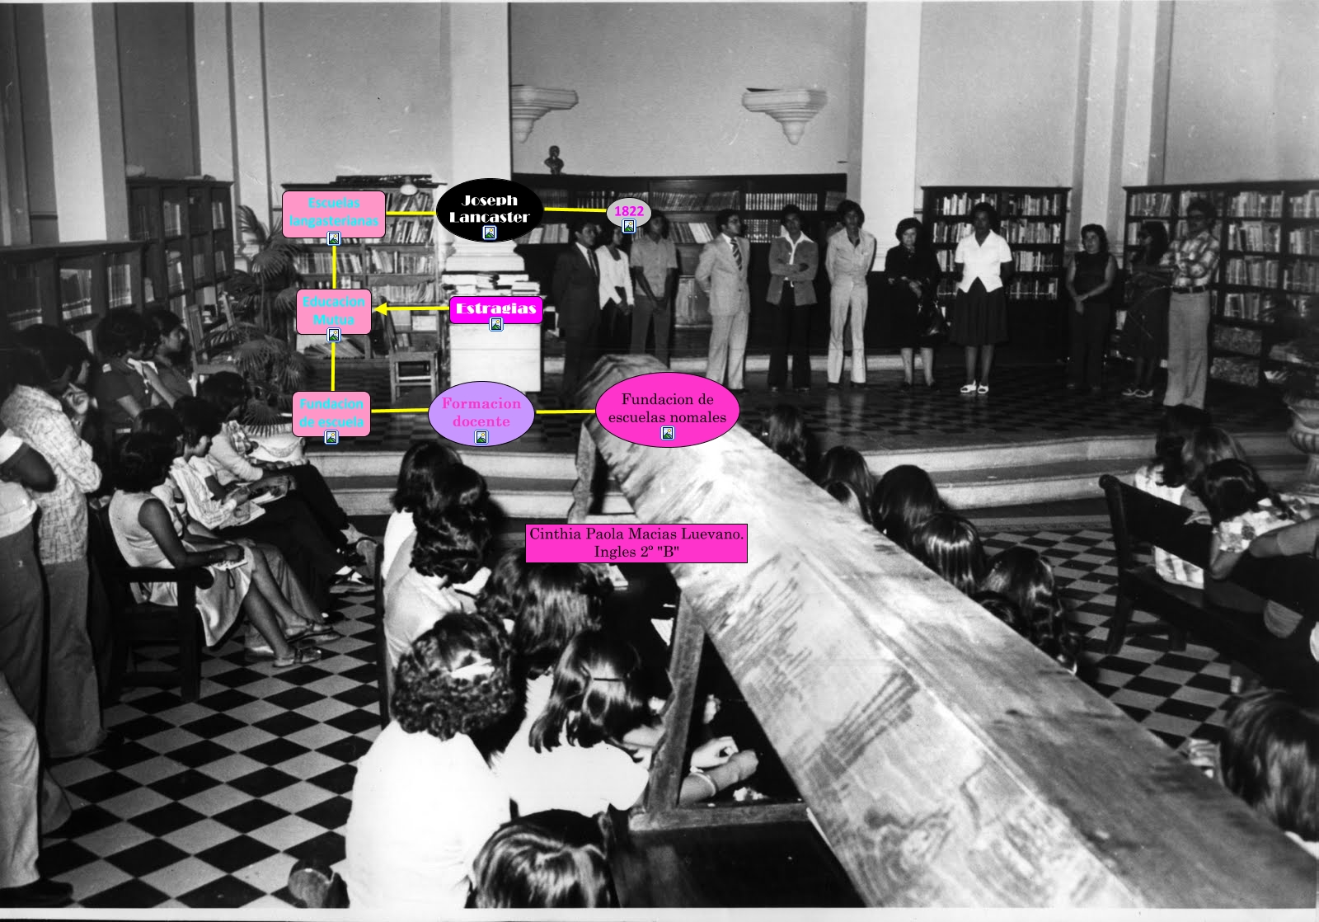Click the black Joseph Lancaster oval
coord(489,209)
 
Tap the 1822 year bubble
coord(629,211)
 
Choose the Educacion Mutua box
coord(333,311)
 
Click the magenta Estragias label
coord(495,308)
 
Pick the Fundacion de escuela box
coord(331,412)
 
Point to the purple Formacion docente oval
coord(481,412)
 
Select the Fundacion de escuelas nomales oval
coord(667,408)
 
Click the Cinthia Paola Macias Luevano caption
coord(636,543)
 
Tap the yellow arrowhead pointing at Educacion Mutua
coord(381,309)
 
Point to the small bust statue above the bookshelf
coord(556,159)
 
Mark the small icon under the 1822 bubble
coord(629,226)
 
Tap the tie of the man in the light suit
coord(737,254)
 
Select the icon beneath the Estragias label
coord(496,325)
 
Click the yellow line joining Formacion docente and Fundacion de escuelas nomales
coord(565,411)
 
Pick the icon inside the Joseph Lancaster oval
coord(490,233)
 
